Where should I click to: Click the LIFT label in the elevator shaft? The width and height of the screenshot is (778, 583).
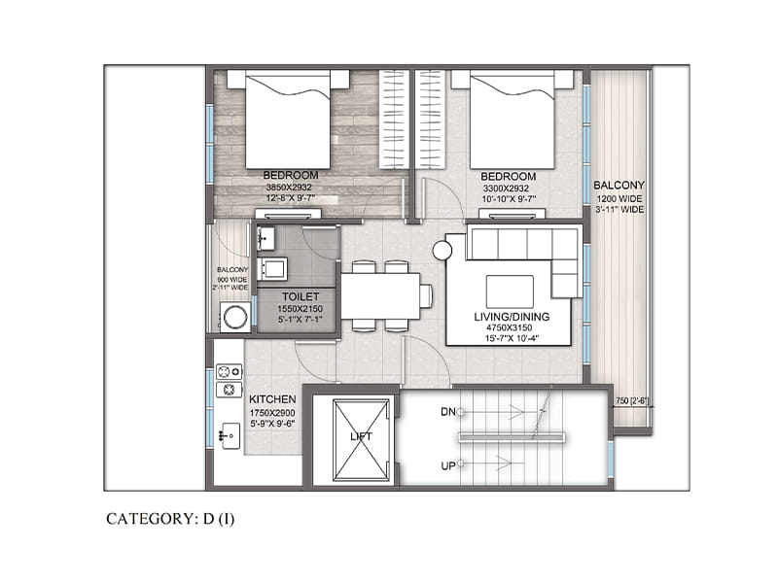point(361,436)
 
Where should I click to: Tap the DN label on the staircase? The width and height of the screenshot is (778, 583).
point(448,412)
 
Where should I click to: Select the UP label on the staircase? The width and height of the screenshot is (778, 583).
point(448,466)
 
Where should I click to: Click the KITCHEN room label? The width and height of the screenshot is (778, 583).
point(272,399)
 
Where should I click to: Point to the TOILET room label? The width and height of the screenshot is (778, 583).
point(301,296)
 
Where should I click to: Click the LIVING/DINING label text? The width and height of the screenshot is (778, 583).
point(512,317)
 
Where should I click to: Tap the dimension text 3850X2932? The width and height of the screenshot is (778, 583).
point(289,188)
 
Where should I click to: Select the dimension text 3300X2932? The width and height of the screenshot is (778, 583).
point(506,189)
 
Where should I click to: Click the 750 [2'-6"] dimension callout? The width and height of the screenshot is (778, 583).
point(632,401)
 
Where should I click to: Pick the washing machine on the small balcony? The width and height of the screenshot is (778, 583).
point(234,317)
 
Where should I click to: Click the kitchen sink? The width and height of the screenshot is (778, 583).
point(230,435)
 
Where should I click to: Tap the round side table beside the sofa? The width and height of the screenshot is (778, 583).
point(442,251)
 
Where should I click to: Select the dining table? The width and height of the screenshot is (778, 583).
point(380,296)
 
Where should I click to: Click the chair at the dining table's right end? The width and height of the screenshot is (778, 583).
point(426,296)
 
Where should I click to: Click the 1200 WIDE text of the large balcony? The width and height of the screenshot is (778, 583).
point(619,199)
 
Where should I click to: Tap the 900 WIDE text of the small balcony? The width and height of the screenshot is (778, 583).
point(232,279)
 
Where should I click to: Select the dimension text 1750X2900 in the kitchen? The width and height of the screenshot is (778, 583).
point(272,413)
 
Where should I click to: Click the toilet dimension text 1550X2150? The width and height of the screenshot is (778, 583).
point(300,309)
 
